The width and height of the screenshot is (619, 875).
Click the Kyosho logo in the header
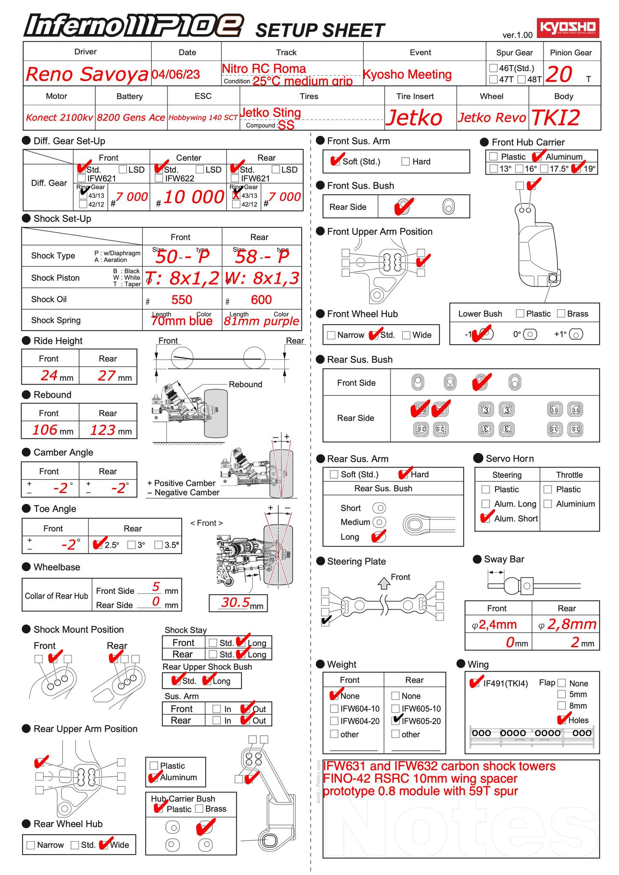coord(568,27)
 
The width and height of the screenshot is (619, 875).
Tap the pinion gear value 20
coord(559,74)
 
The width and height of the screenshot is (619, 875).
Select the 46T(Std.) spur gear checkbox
coord(493,68)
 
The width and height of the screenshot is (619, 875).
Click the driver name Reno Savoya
coord(87,74)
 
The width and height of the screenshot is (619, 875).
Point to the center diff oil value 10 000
coord(194,197)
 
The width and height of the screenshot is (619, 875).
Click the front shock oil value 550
coord(182,299)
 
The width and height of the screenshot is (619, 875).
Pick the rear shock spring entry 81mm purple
coord(261,321)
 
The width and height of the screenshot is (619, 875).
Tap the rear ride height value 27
coord(106,376)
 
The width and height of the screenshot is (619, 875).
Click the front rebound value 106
coord(45,429)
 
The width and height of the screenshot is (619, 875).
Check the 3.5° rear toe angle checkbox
coord(159,545)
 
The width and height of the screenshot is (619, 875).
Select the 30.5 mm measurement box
coord(238,602)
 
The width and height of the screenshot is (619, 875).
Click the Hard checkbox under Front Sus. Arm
coord(406,161)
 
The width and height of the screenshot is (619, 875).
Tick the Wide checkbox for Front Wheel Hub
coord(407,335)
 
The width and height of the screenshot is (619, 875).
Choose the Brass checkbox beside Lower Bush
coord(561,314)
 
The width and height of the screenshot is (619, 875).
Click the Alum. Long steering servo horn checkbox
coord(486,504)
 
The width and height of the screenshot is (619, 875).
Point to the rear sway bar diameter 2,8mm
coord(571,624)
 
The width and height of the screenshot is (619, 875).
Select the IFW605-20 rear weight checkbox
coord(396,721)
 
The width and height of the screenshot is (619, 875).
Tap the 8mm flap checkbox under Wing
coord(562,705)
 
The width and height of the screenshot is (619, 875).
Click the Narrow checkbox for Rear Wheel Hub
coord(31,845)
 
